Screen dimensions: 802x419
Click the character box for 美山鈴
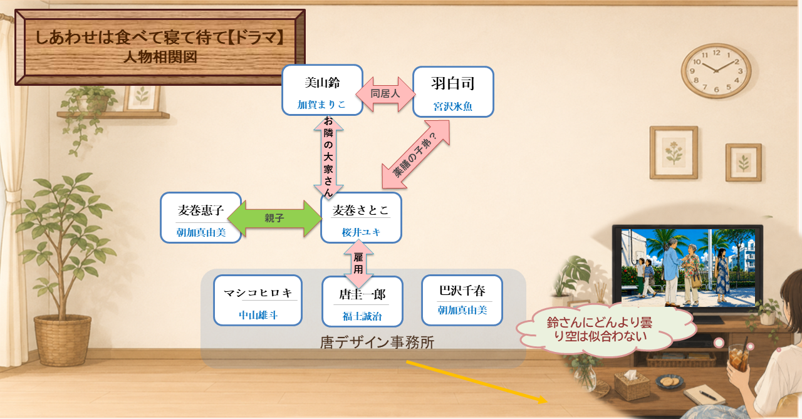point(322,90)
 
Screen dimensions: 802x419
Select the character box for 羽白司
point(453,92)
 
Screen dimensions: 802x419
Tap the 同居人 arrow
point(385,94)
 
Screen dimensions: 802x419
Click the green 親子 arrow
point(275,218)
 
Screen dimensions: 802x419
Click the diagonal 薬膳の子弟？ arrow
point(415,154)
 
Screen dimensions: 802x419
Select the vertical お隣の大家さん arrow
point(328,157)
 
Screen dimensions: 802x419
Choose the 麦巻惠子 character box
point(201,218)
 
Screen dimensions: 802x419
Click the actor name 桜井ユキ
point(361,232)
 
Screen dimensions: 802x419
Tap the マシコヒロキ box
point(258,300)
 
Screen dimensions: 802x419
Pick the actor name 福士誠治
point(362,316)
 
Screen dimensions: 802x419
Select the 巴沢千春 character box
point(462,300)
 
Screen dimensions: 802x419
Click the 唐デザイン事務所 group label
point(377,343)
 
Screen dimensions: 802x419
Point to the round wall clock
point(716,71)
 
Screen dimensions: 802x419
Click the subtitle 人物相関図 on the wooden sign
point(160,57)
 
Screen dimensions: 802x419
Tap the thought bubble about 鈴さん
point(605,330)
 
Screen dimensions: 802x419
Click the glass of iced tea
point(738,357)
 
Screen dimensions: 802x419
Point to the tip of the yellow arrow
point(547,401)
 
